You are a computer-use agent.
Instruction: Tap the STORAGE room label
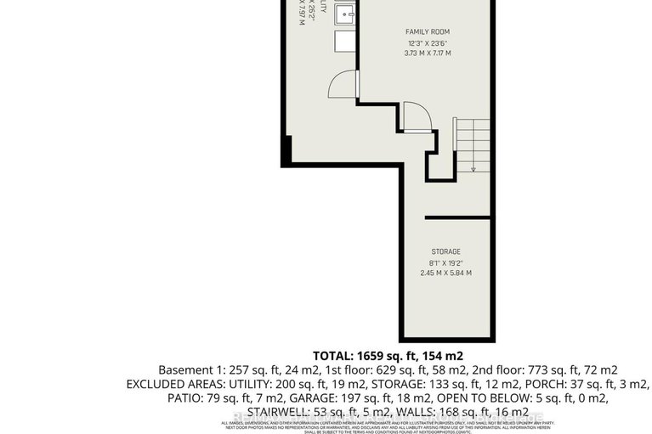click(445, 251)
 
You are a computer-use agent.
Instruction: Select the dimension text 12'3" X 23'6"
click(426, 42)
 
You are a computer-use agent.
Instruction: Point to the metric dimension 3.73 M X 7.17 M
click(426, 54)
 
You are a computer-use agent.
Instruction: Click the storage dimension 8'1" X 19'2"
click(445, 262)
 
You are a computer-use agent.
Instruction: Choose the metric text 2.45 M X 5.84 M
click(445, 273)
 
